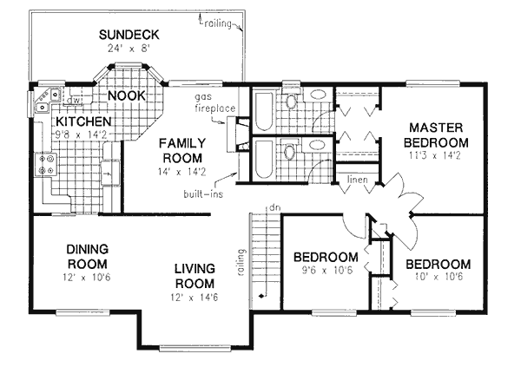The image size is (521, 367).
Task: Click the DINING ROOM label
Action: (x=86, y=257)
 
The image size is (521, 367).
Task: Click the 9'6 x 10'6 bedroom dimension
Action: (x=325, y=271)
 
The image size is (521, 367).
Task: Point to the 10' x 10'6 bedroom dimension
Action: (x=437, y=278)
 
